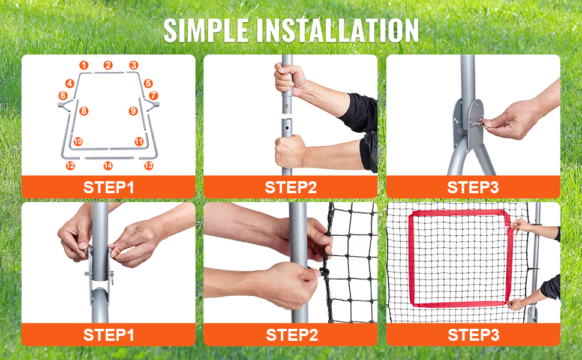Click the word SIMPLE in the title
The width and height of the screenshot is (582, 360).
tap(206, 30)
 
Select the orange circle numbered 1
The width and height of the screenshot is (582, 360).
tap(84, 65)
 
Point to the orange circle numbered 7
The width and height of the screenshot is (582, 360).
tap(153, 96)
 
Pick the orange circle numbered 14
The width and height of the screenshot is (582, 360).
tap(108, 166)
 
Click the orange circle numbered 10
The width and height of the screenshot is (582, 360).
tap(78, 142)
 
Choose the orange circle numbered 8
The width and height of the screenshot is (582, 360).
tap(84, 110)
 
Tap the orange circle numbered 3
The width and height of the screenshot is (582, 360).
tap(134, 65)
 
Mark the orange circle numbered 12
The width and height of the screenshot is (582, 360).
tap(70, 166)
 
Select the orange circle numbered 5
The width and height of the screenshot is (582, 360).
tap(148, 83)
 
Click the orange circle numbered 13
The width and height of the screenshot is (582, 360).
tap(149, 166)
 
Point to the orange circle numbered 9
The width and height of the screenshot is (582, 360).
tap(133, 110)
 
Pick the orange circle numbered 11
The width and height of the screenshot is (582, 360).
tap(139, 142)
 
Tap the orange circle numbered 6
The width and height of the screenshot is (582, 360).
tap(63, 96)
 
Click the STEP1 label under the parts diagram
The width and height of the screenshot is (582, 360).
tap(109, 187)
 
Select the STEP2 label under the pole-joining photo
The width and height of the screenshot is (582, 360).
tap(290, 187)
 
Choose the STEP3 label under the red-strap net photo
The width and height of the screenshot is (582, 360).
tap(473, 335)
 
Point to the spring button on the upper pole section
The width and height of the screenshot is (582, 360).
tap(286, 106)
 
